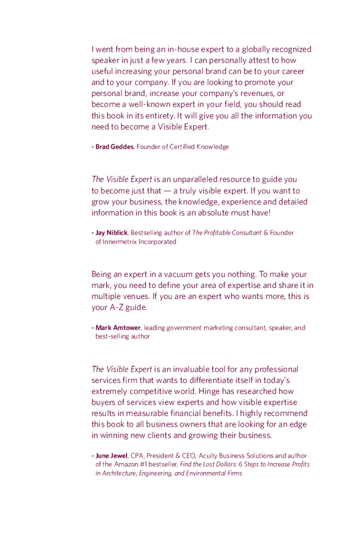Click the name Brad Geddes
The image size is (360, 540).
(114, 147)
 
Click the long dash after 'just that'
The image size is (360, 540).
(167, 190)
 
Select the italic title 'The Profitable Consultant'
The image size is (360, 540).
(227, 233)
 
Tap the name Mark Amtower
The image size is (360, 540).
(118, 327)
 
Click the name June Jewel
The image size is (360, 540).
(111, 456)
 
